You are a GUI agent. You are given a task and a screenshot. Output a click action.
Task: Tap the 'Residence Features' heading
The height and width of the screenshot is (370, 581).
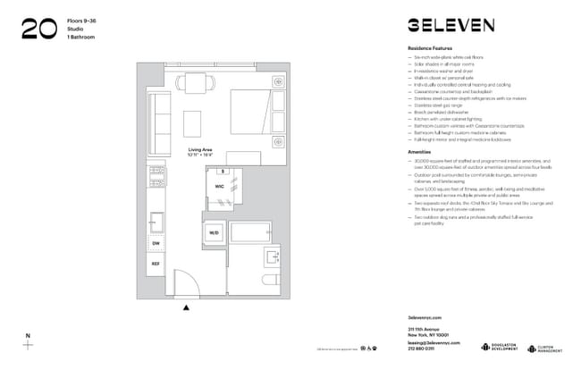pyautogui.click(x=430, y=47)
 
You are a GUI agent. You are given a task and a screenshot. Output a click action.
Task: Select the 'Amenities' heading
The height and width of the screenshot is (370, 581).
pyautogui.click(x=419, y=151)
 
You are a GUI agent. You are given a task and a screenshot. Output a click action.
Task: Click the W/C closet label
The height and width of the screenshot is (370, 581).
pyautogui.click(x=219, y=187)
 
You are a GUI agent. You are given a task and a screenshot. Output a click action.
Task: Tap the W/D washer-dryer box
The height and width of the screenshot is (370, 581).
pyautogui.click(x=214, y=233)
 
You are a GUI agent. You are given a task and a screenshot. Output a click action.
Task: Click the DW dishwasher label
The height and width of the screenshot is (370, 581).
pyautogui.click(x=156, y=242)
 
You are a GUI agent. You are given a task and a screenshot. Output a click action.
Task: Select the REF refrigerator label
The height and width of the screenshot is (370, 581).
pyautogui.click(x=156, y=264)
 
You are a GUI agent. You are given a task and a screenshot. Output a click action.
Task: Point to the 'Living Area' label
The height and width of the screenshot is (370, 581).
pyautogui.click(x=199, y=149)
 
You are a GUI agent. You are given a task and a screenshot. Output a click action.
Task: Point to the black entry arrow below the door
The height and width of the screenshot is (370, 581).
pyautogui.click(x=186, y=307)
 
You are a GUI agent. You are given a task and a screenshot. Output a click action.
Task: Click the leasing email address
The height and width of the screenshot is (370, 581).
pyautogui.click(x=434, y=342)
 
